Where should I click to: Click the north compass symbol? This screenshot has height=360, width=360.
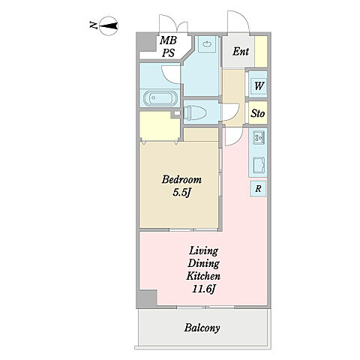pos(108,25)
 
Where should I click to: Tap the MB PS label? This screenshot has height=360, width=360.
pos(168,46)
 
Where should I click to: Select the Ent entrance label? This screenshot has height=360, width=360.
pos(241,52)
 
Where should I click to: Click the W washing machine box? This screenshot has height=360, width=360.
pos(258,85)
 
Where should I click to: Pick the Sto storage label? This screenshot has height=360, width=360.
pos(258,113)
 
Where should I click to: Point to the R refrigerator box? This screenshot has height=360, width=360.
pos(258,188)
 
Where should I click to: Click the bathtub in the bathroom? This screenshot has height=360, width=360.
pos(160,98)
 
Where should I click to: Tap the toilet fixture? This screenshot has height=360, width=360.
pos(195,112)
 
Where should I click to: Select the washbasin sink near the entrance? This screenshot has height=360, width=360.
pos(207,44)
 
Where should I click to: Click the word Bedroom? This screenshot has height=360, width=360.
pos(181,179)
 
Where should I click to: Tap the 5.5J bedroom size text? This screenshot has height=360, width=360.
pos(182,193)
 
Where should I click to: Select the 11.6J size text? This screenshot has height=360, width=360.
pos(204,289)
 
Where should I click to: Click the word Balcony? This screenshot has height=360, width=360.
pos(202,328)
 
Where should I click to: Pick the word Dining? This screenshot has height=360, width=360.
pos(203,263)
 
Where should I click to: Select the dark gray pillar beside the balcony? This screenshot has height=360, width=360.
pos(147,298)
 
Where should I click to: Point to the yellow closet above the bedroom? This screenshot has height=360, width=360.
pos(160,126)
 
